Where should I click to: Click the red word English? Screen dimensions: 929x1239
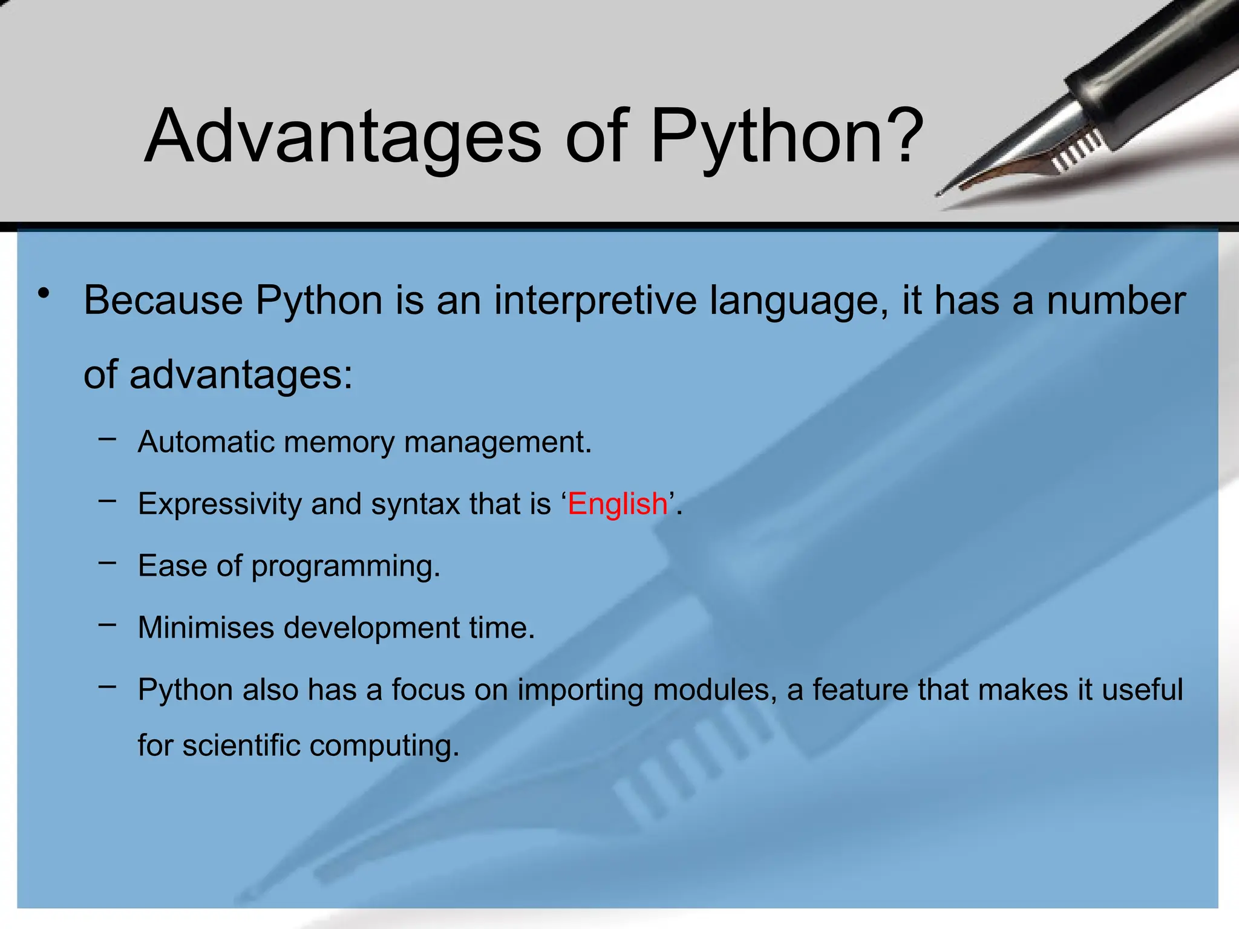pyautogui.click(x=617, y=504)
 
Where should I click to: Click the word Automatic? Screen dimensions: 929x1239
pyautogui.click(x=206, y=442)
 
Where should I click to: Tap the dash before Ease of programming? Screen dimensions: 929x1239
pyautogui.click(x=107, y=562)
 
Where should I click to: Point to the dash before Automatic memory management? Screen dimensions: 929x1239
pyautogui.click(x=107, y=438)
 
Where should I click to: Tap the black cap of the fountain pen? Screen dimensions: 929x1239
pyautogui.click(x=1149, y=67)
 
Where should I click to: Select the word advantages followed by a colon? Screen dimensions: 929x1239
pyautogui.click(x=240, y=375)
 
